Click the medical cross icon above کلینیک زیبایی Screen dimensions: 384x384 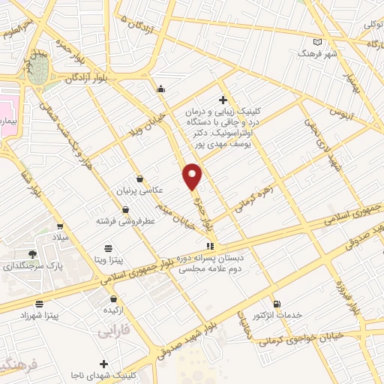(222, 100)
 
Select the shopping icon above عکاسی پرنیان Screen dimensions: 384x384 (140, 178)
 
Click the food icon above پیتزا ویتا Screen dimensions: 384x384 (109, 247)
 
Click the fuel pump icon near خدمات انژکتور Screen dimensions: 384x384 (278, 304)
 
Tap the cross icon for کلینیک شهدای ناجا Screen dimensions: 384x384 (104, 364)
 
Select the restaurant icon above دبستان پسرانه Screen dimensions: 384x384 (211, 245)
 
